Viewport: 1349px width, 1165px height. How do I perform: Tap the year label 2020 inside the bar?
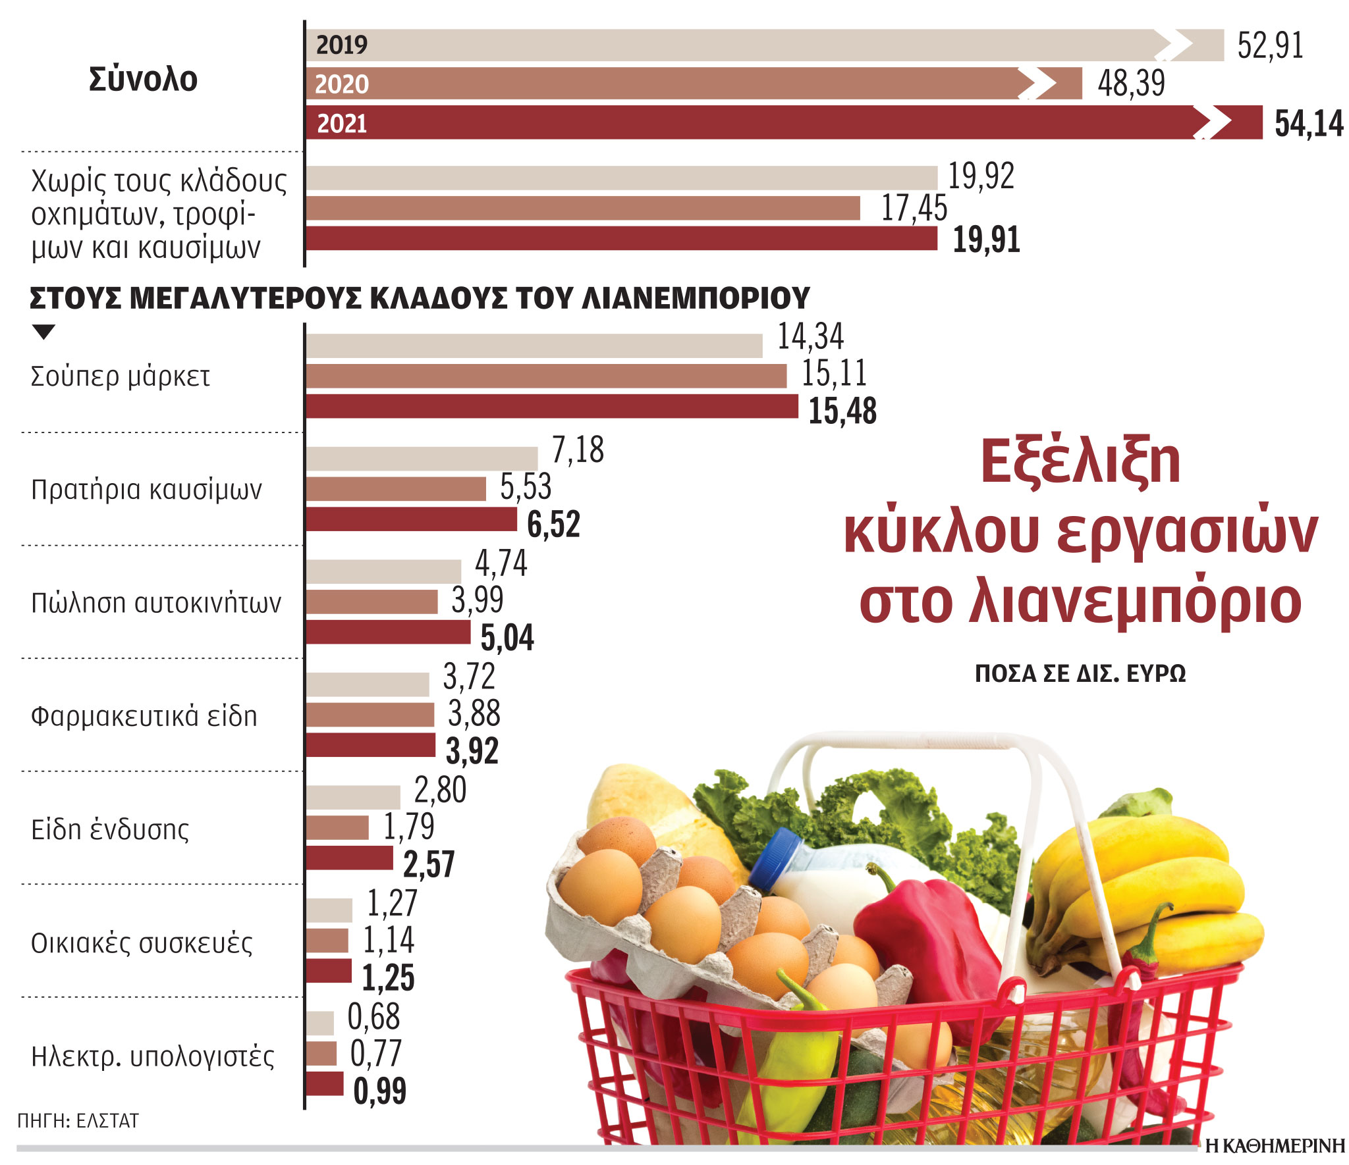point(341,84)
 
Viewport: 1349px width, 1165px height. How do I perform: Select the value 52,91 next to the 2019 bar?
point(1269,46)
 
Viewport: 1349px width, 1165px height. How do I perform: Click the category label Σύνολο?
point(143,80)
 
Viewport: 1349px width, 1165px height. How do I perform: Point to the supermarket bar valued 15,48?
point(552,407)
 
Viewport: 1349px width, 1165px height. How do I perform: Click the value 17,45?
point(914,208)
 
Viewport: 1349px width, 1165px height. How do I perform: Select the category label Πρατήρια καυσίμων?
point(146,490)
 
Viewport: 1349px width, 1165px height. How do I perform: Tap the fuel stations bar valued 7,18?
point(422,459)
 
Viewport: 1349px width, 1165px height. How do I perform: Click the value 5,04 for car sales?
point(507,638)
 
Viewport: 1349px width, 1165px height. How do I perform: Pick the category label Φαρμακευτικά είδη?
point(144,716)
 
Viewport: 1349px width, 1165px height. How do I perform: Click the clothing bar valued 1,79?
point(337,828)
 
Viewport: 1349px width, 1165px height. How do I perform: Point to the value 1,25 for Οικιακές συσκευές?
point(388,977)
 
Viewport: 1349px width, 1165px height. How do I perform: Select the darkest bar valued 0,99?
point(324,1084)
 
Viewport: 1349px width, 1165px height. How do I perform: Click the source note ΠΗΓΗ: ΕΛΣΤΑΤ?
point(78,1121)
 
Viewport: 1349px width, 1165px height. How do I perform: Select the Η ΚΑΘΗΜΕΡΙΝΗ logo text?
point(1275,1146)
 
